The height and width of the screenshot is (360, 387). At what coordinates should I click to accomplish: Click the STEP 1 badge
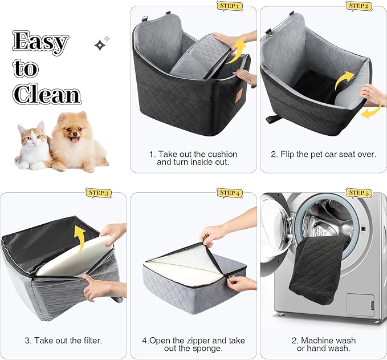[230, 6]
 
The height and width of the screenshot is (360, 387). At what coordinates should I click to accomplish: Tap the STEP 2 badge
[359, 6]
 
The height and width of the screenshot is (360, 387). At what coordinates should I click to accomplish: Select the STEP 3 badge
[99, 193]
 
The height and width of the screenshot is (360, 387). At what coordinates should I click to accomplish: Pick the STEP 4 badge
[230, 193]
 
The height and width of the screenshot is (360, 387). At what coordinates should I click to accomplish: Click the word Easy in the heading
[41, 42]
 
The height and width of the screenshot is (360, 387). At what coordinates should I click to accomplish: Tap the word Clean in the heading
[47, 94]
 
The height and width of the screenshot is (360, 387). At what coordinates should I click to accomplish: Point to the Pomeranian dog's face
[73, 135]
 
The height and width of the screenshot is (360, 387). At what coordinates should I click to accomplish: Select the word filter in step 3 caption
[89, 341]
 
